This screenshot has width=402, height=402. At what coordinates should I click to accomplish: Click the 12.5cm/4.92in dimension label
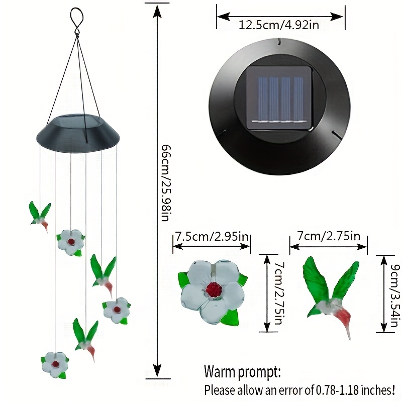[x=279, y=25]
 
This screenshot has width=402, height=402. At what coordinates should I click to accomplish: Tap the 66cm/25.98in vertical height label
[x=165, y=183]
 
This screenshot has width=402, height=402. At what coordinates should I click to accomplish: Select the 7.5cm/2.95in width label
[x=212, y=236]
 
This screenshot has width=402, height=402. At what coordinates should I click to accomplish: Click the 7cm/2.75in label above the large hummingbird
[x=329, y=236]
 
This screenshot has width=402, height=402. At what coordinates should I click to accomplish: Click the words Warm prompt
[x=242, y=372]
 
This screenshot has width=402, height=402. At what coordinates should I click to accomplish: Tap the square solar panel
[x=279, y=98]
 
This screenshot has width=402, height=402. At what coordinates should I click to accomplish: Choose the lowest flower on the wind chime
[x=55, y=365]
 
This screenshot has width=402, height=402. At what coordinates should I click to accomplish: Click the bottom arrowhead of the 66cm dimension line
[x=157, y=370]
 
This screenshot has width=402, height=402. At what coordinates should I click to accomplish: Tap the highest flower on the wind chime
[x=71, y=242]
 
